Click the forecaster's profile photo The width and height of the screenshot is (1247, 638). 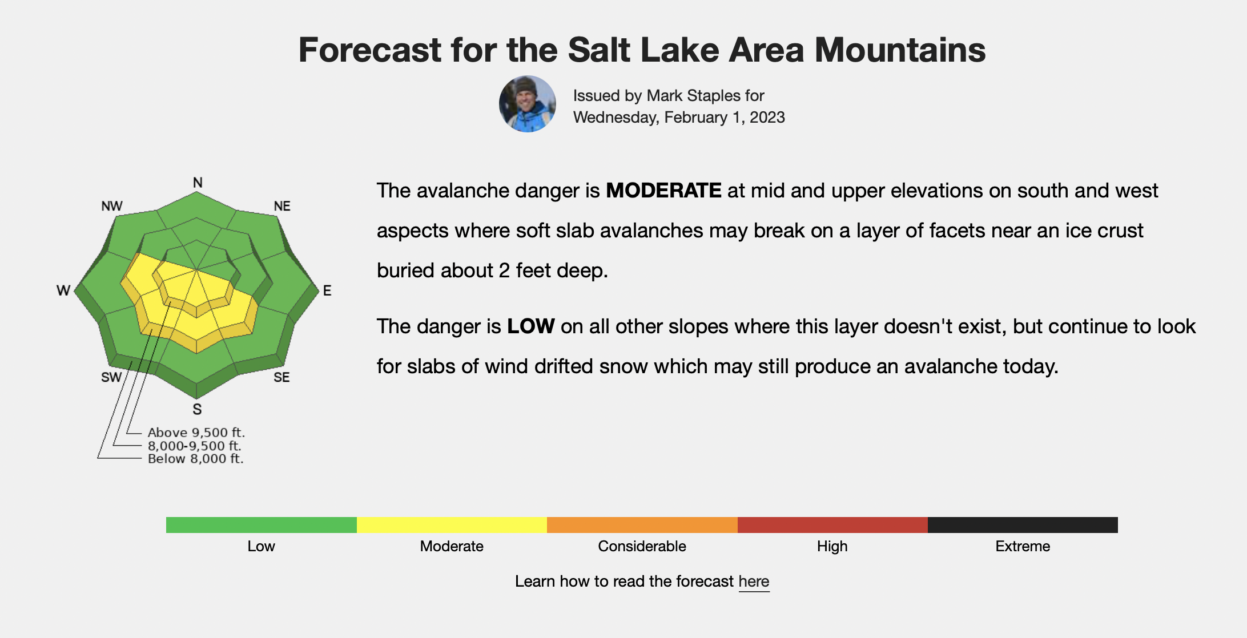pyautogui.click(x=528, y=104)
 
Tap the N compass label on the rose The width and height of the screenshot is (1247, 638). pyautogui.click(x=198, y=183)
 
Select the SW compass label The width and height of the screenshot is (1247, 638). pyautogui.click(x=111, y=377)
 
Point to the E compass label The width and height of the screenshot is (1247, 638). pyautogui.click(x=327, y=290)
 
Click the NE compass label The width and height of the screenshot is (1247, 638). pyautogui.click(x=282, y=206)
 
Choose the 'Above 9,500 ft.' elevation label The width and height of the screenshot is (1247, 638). pyautogui.click(x=196, y=433)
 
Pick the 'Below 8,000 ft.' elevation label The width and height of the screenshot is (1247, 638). pyautogui.click(x=196, y=459)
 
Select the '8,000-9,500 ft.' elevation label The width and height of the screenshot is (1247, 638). pyautogui.click(x=195, y=446)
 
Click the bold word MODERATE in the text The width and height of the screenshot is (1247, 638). pyautogui.click(x=663, y=191)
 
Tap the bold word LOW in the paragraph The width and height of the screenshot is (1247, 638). pyautogui.click(x=530, y=326)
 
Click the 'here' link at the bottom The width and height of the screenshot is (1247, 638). pyautogui.click(x=754, y=582)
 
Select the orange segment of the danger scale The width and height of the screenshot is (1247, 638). pyautogui.click(x=642, y=525)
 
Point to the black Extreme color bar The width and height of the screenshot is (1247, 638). pyautogui.click(x=1023, y=525)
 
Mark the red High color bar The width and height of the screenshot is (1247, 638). pyautogui.click(x=832, y=525)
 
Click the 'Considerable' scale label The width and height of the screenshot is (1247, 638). pyautogui.click(x=642, y=546)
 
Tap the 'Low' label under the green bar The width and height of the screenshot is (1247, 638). pyautogui.click(x=261, y=546)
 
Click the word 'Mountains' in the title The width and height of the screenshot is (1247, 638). pyautogui.click(x=900, y=50)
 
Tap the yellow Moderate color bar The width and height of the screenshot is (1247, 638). pyautogui.click(x=452, y=525)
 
